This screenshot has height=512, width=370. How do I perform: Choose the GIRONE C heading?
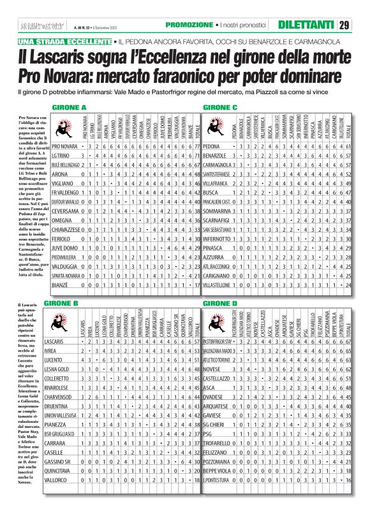click(x=221, y=107)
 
